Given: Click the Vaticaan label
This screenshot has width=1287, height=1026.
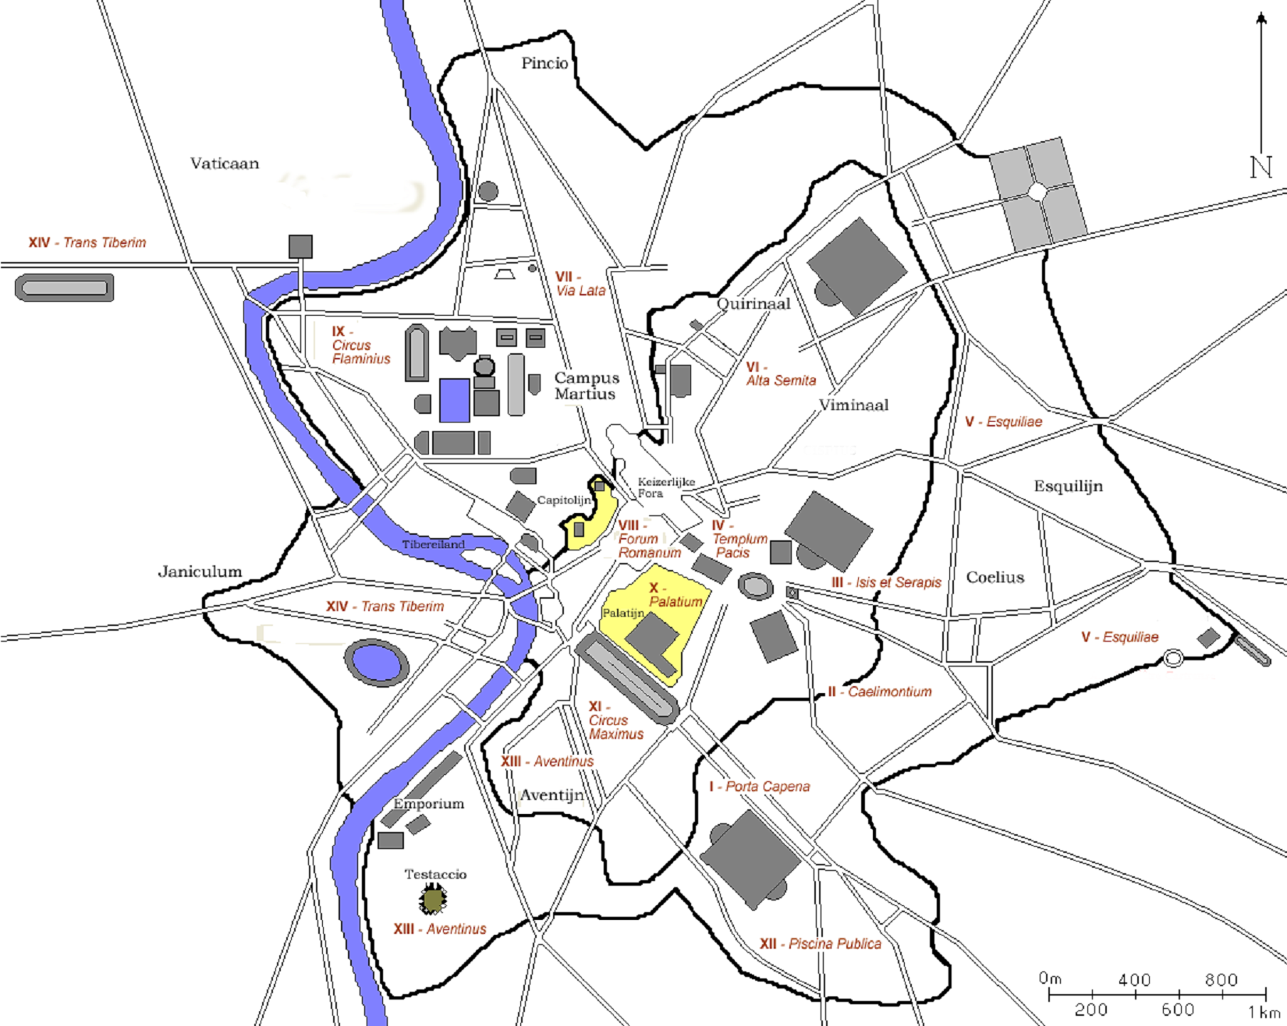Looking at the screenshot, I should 225,164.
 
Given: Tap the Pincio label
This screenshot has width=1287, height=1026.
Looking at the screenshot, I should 544,64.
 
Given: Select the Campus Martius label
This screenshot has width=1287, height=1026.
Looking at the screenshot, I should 587,386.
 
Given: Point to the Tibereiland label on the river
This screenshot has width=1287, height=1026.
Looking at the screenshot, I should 433,544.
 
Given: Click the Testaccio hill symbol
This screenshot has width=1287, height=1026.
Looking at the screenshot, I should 434,900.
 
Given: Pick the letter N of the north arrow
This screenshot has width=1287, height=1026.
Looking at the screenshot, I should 1260,167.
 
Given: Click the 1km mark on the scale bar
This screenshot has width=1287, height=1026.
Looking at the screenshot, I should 1264,1011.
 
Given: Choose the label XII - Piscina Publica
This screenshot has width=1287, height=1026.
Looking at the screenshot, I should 820,944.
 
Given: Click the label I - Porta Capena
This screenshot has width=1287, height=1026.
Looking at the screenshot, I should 759,787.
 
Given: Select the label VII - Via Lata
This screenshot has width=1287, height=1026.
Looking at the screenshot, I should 580,284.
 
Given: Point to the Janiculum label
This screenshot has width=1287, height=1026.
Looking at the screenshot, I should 200,571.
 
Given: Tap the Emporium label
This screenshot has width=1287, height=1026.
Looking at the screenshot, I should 428,804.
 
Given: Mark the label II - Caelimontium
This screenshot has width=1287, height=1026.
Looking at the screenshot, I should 879,692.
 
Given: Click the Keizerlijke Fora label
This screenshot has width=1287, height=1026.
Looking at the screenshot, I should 665,487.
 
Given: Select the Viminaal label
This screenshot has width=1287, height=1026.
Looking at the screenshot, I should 853,405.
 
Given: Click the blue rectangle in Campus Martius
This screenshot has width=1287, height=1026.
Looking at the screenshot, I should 454,400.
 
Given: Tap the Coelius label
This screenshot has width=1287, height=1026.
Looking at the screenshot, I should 994,578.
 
